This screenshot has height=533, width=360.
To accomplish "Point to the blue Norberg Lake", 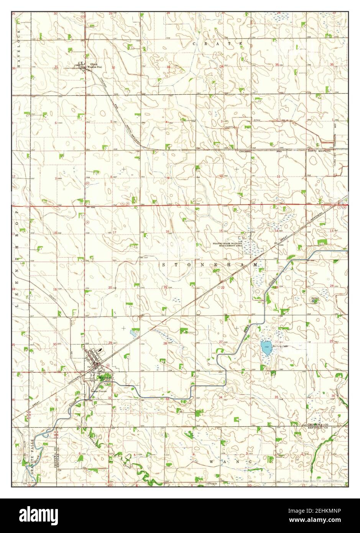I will (x=265, y=348).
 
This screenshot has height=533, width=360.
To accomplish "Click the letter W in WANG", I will (x=211, y=462).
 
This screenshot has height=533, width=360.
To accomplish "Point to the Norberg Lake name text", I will (x=279, y=347).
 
